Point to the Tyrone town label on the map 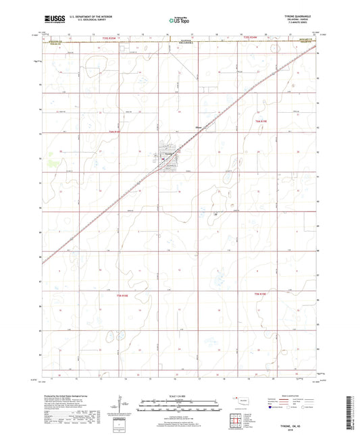[170, 153]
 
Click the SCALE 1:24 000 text [180, 396]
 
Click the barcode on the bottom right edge [353, 411]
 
